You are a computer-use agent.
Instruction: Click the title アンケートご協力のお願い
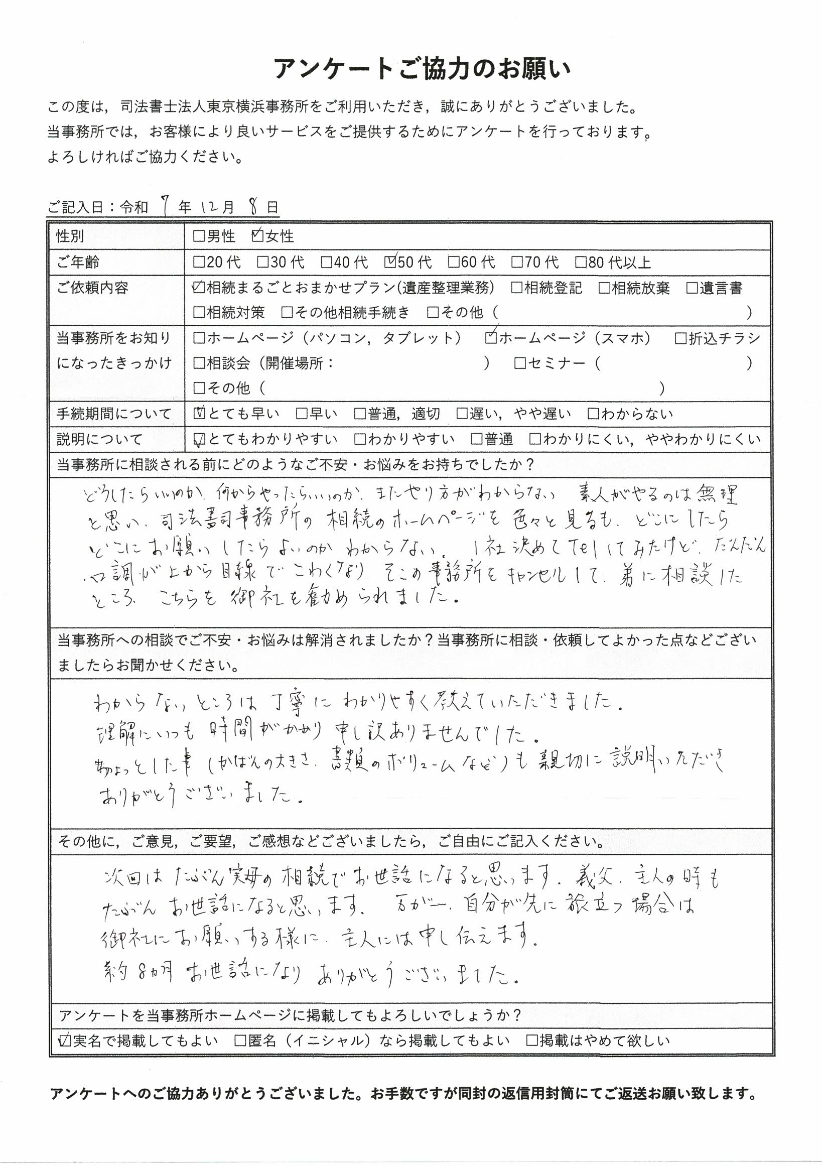pos(422,69)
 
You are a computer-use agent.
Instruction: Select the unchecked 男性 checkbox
pos(199,236)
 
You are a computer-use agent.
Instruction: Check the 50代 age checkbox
pos(390,262)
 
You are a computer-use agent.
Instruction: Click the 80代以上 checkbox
pos(580,262)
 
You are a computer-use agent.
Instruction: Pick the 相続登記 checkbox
pos(516,288)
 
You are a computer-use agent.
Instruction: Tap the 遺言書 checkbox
pos(692,288)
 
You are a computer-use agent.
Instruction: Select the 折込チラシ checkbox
pos(681,338)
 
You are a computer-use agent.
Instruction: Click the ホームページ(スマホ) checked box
pos(491,338)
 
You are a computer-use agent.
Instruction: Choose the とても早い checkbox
pos(200,414)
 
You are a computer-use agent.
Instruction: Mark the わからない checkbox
pos(593,414)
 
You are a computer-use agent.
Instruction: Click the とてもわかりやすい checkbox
pos(200,439)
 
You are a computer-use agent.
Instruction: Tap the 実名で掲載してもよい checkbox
pos(65,1041)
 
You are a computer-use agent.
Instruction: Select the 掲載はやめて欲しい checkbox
pos(531,1041)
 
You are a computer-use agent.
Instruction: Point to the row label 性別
pos(70,236)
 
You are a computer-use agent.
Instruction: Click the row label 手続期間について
pos(114,414)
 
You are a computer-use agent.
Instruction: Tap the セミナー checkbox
pos(519,363)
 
